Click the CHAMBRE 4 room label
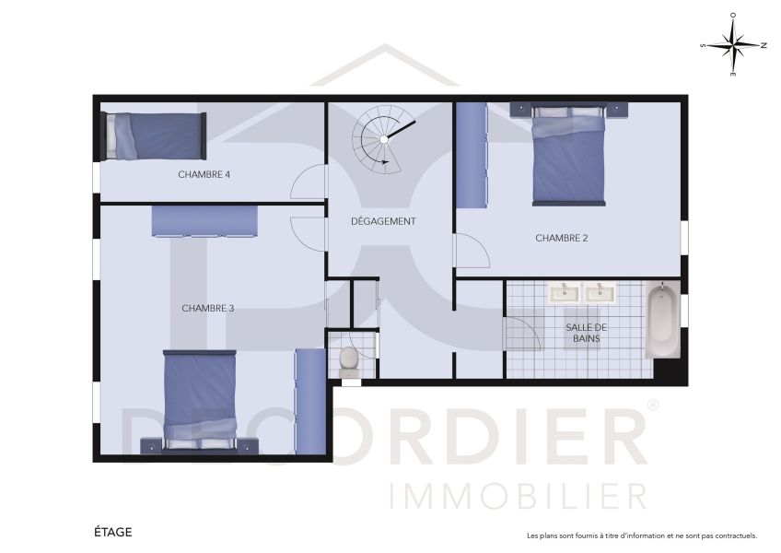point(204,174)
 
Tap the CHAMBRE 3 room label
point(207,308)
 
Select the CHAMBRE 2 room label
point(562,238)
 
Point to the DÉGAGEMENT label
point(384,221)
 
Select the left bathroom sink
point(564,293)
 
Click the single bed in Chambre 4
point(154,135)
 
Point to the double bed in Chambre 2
point(569,154)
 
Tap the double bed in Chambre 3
point(200,399)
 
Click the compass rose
point(733,44)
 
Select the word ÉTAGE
point(113,532)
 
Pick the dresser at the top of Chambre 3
point(204,221)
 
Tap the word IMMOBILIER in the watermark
point(519,495)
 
